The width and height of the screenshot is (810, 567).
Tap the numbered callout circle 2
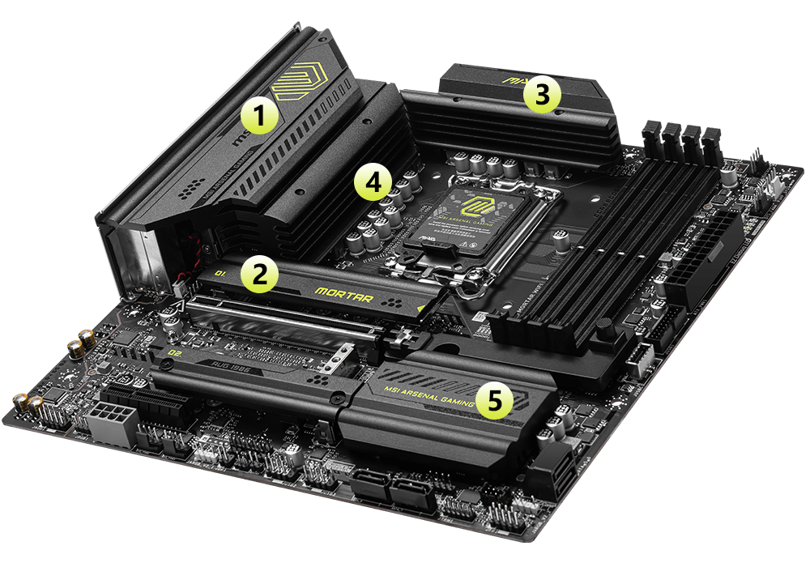coord(258,274)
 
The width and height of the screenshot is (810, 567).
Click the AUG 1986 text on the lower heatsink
coord(223,365)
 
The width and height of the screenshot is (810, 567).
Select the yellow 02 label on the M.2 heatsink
coord(173,354)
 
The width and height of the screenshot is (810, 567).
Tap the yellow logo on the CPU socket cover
coord(472,203)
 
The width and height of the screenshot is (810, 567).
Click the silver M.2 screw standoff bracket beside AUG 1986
coord(344,357)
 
